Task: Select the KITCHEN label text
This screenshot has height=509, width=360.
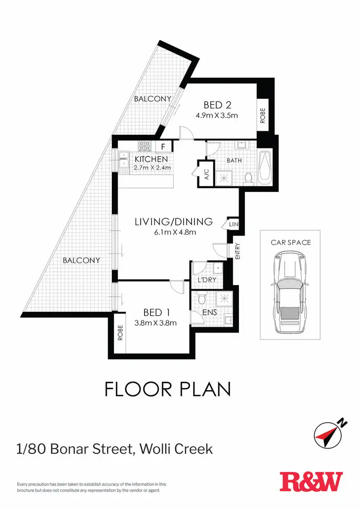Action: tap(151, 159)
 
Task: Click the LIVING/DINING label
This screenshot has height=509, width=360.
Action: tap(173, 222)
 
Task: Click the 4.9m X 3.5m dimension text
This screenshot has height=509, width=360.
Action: tap(217, 115)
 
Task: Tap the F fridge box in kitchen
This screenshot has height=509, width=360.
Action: tap(163, 146)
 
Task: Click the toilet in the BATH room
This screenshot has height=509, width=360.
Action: tap(248, 178)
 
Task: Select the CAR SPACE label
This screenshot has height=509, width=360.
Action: tap(290, 242)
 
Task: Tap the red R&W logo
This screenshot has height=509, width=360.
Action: tap(311, 482)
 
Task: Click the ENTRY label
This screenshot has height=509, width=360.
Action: tap(237, 252)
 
